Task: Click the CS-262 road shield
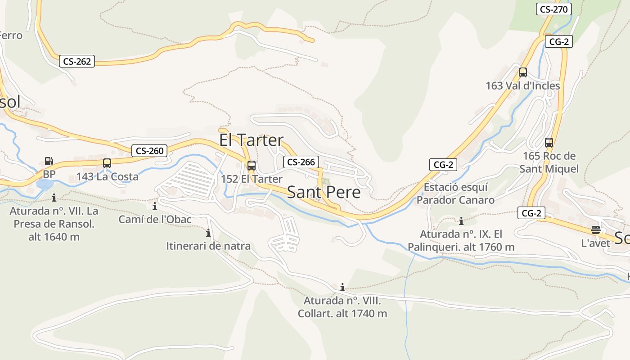tap(77, 61)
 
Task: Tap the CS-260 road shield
tap(149, 151)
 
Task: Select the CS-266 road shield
tap(301, 162)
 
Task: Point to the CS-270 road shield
tap(553, 9)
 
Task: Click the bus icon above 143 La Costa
tap(107, 163)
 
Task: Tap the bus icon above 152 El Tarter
tap(252, 165)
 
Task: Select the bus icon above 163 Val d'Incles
tap(522, 72)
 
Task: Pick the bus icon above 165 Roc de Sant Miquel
tap(549, 143)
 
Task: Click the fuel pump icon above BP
tap(49, 161)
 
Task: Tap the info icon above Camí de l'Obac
tap(155, 207)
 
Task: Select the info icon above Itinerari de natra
tap(208, 233)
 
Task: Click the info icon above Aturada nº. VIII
tap(342, 287)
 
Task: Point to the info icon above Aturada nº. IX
tap(461, 221)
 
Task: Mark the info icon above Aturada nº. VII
tap(54, 198)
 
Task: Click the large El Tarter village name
tap(252, 140)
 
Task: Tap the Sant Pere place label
tap(324, 192)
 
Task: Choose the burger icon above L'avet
tap(596, 230)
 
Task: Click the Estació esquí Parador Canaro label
tap(455, 193)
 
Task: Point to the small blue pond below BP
tap(45, 184)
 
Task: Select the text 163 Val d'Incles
tap(522, 85)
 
